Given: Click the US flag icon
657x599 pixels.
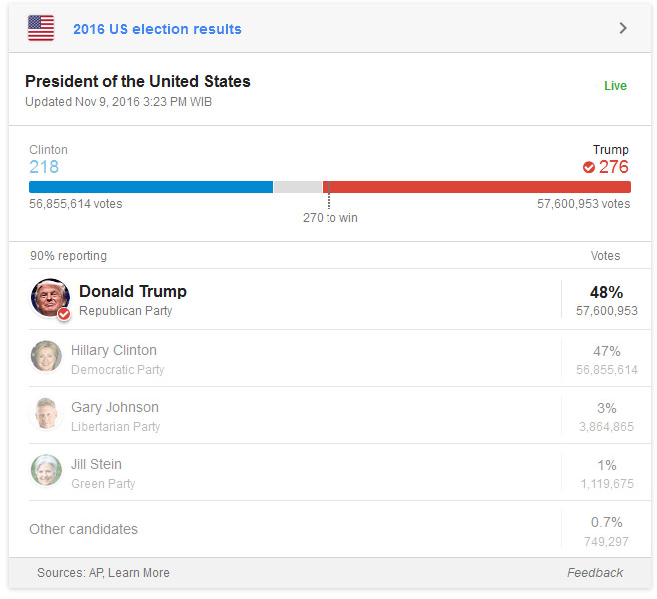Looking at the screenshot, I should point(41,28).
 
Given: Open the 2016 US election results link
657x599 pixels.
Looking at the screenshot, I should point(157,29).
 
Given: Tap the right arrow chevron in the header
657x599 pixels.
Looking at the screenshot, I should point(623,28).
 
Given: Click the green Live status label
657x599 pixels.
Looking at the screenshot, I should point(615,86).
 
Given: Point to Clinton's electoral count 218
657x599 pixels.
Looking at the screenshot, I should point(44,167).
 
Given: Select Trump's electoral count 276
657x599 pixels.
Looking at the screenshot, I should point(613,167).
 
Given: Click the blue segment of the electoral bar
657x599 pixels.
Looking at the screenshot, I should point(150,187).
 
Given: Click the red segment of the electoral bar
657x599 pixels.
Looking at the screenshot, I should point(476,187).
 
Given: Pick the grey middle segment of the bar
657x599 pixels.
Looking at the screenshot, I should point(297,187).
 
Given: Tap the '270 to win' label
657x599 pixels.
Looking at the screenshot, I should point(329,218).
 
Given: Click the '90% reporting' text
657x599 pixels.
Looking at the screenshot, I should point(68,256).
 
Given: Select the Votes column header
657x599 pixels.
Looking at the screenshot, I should point(605,256).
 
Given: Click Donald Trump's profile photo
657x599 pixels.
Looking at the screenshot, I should point(50,298).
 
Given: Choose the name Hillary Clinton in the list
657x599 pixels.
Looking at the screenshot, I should point(113,351).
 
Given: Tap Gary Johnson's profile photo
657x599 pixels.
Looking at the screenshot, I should point(46,413).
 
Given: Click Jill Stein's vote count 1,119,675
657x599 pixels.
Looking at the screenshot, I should point(606,484).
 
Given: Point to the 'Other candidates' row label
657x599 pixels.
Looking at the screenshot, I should point(83,529).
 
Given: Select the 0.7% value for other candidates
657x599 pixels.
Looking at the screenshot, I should point(606,522).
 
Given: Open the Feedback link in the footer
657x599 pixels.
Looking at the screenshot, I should point(594,573).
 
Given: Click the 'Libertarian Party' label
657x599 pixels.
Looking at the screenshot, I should point(115,427).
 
